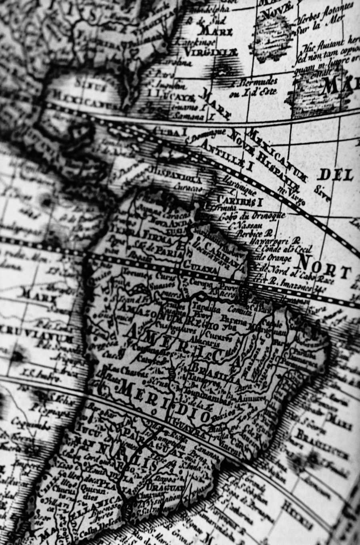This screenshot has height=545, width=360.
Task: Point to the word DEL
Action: click(x=336, y=175)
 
